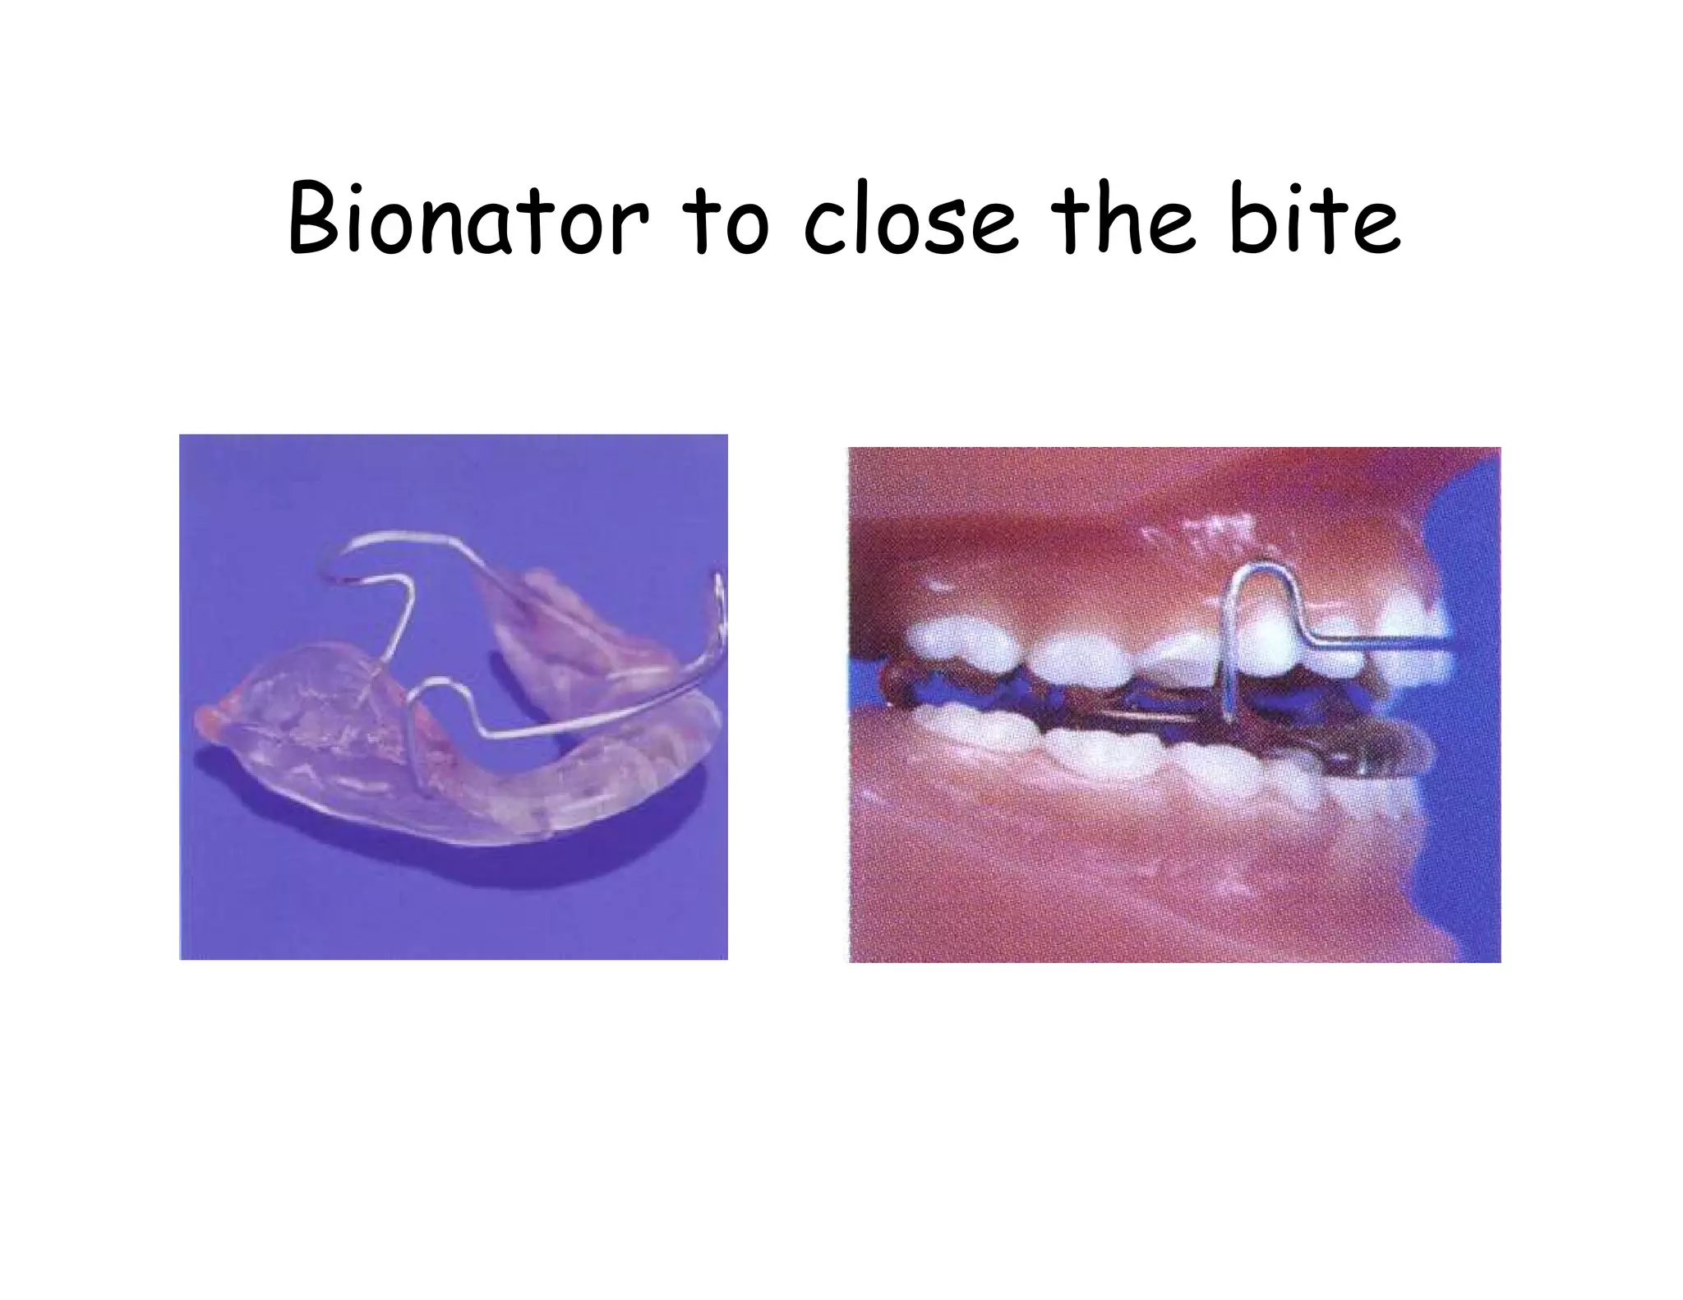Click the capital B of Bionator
[x=315, y=219]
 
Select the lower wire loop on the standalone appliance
[x=436, y=690]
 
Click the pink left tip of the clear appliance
[x=205, y=723]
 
